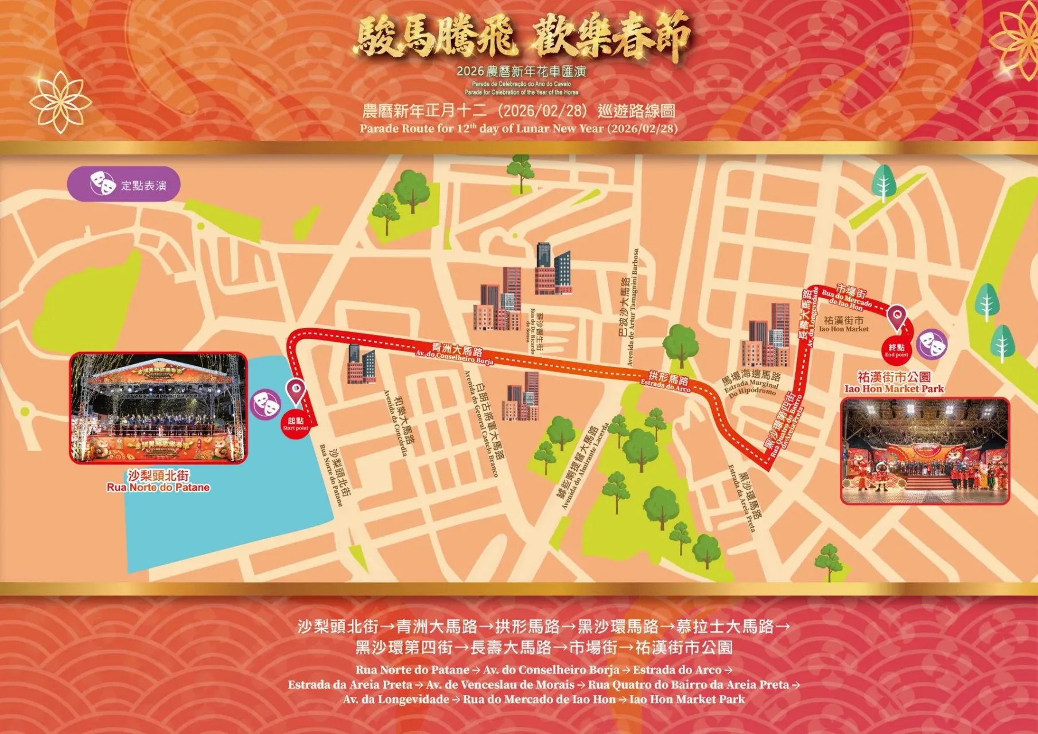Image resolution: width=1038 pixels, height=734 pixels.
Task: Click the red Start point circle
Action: click(x=296, y=424)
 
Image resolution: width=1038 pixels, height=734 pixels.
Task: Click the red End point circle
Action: click(x=896, y=350)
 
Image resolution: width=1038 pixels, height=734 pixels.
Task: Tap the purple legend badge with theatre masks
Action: click(x=124, y=184)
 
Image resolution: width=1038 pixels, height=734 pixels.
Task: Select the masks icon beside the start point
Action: click(x=265, y=404)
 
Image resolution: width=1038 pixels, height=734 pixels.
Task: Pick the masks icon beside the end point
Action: click(x=931, y=345)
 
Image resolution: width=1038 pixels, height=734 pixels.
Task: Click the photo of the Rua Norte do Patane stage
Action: click(x=158, y=408)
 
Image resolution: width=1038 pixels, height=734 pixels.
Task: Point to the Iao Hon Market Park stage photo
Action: click(x=924, y=451)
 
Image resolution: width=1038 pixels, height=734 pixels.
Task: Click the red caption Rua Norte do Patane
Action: click(x=158, y=487)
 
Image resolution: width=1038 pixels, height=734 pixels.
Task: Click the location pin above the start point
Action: click(x=296, y=391)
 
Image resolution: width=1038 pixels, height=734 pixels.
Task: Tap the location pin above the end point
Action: click(x=896, y=317)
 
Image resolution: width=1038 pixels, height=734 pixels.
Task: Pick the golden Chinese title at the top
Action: click(x=523, y=37)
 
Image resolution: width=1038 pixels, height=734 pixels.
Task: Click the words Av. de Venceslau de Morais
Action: click(x=500, y=685)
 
